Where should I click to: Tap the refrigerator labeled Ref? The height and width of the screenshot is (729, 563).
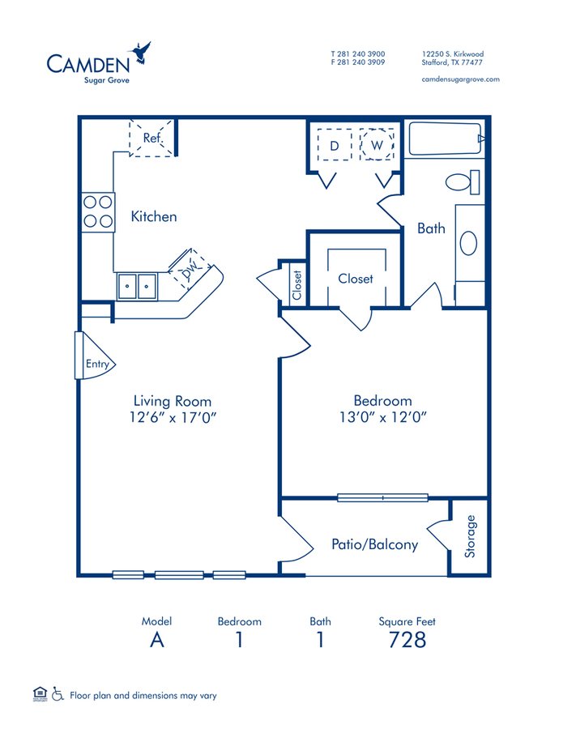(x=151, y=138)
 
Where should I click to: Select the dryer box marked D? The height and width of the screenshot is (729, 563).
(x=333, y=145)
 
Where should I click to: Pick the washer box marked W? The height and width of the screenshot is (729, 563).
(x=376, y=145)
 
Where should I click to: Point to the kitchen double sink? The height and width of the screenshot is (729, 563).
(x=136, y=286)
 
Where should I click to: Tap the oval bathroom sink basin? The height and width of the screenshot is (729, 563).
(x=469, y=243)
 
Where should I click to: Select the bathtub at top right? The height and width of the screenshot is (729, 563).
(x=446, y=139)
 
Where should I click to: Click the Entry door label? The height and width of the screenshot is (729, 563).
(x=97, y=364)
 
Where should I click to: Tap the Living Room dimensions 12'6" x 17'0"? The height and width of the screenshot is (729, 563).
(x=172, y=418)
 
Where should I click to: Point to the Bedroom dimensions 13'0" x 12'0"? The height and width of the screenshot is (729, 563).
(x=382, y=418)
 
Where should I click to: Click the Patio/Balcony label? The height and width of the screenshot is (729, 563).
(x=374, y=544)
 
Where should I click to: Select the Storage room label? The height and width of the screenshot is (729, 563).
(x=471, y=537)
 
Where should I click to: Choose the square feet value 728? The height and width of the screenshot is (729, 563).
(x=407, y=640)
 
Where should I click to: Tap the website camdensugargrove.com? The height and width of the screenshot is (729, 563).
(x=461, y=79)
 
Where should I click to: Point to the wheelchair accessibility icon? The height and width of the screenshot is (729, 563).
(x=58, y=694)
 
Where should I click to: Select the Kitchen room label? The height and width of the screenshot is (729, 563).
(x=154, y=217)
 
